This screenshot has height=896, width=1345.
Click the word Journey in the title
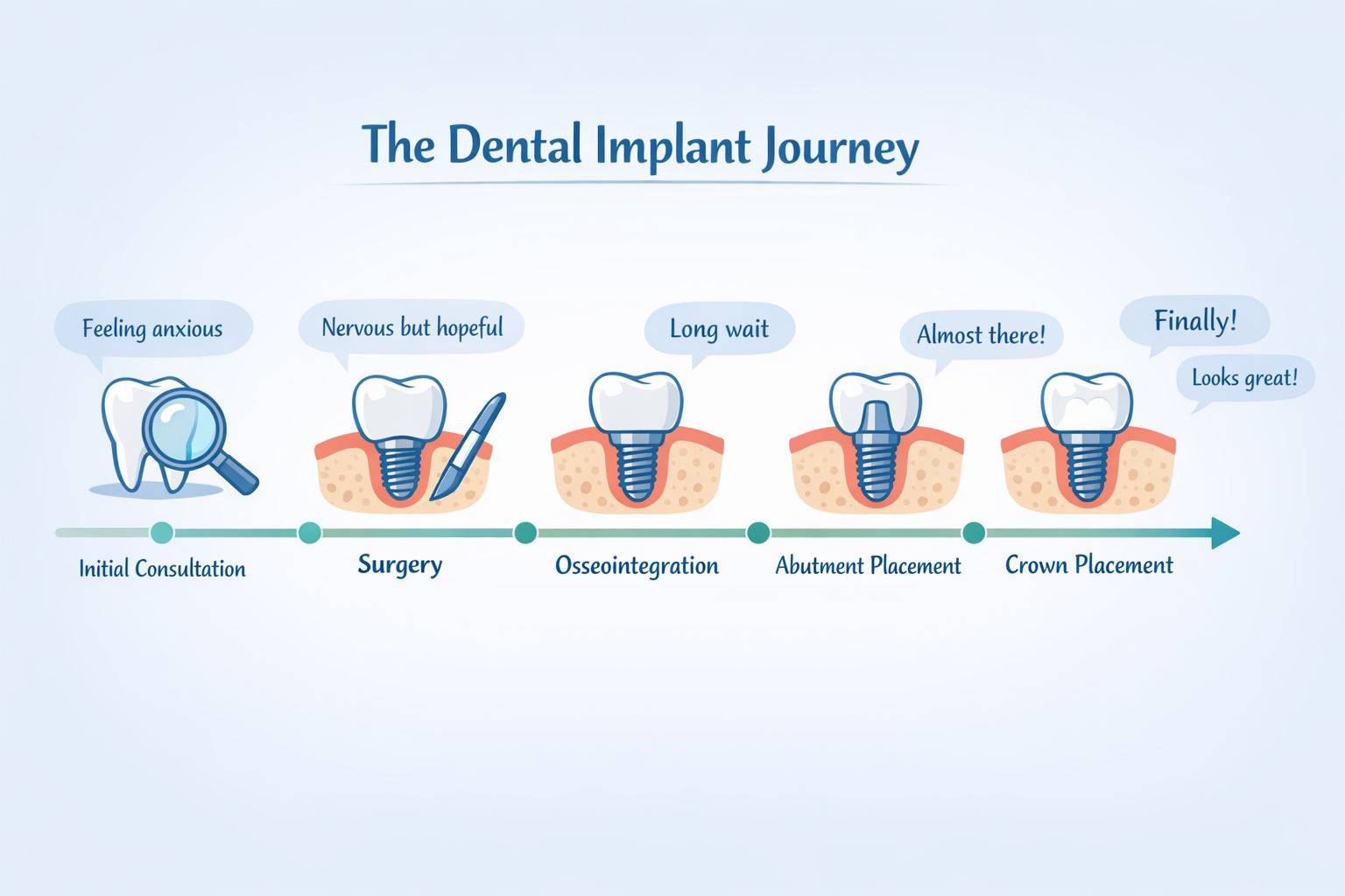click(x=841, y=147)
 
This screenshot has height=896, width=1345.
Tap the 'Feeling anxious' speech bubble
click(x=153, y=329)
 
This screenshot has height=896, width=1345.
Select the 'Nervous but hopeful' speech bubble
click(x=412, y=328)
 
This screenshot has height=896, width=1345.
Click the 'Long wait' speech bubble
click(x=719, y=329)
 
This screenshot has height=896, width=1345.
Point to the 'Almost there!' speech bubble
click(x=981, y=335)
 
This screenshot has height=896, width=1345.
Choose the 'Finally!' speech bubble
click(x=1194, y=321)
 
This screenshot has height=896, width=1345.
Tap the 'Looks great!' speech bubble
click(x=1244, y=378)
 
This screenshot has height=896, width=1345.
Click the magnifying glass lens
click(x=184, y=429)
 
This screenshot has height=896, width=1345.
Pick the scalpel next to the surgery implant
click(x=469, y=446)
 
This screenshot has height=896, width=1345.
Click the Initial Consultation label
click(x=162, y=569)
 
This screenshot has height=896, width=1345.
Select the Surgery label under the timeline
click(x=400, y=565)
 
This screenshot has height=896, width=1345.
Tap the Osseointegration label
click(x=637, y=566)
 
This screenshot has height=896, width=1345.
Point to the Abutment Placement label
click(x=868, y=566)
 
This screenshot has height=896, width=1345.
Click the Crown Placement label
click(x=1088, y=565)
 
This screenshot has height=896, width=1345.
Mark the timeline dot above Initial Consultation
click(x=161, y=532)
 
